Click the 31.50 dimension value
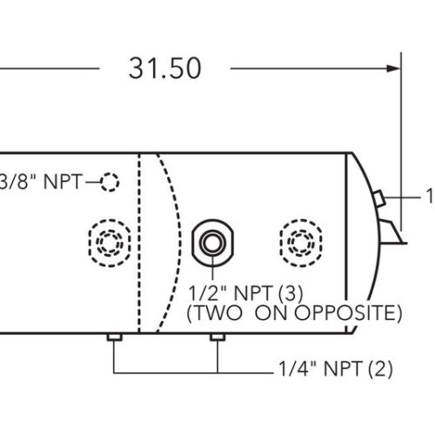coord(164,68)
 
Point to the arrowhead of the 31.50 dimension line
coord(393,68)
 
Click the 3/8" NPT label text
coord(40,182)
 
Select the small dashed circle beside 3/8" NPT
coord(109,182)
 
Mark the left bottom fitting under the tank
coord(112,338)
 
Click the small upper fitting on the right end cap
coord(378,198)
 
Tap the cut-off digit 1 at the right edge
coord(430,197)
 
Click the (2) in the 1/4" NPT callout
coord(381,369)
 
